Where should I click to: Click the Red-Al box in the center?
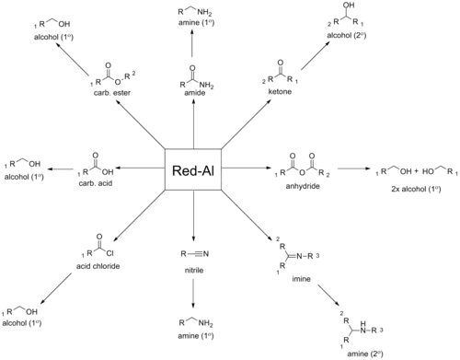click(193, 169)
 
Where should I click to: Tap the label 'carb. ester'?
click(112, 93)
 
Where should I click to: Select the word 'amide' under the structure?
click(195, 93)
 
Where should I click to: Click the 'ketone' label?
click(280, 91)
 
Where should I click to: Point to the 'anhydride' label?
click(303, 186)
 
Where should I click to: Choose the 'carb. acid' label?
click(96, 183)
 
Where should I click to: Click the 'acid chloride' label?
click(98, 266)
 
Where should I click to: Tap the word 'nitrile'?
click(194, 271)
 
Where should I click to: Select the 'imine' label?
click(301, 279)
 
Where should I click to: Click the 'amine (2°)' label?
click(365, 354)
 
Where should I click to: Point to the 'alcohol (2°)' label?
click(347, 36)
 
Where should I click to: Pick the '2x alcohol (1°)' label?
click(416, 189)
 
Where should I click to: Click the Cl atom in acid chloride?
click(109, 253)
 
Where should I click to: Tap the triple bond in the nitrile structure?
click(194, 254)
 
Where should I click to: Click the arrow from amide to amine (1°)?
click(192, 43)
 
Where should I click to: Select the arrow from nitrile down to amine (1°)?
click(193, 293)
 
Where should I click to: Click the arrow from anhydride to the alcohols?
click(353, 168)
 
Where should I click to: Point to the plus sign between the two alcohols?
click(416, 171)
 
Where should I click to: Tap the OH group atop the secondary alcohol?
click(349, 6)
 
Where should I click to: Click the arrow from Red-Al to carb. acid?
click(139, 168)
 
